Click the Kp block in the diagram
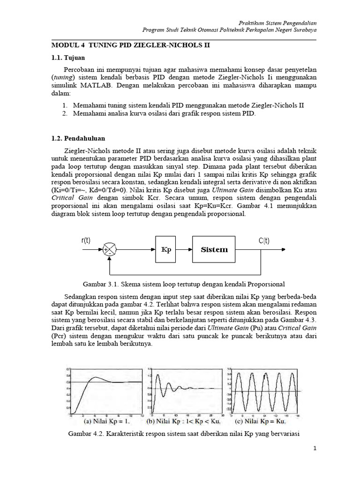166,249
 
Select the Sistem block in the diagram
214,249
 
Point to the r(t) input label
86,240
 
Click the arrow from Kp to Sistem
185,250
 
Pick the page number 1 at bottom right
315,449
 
